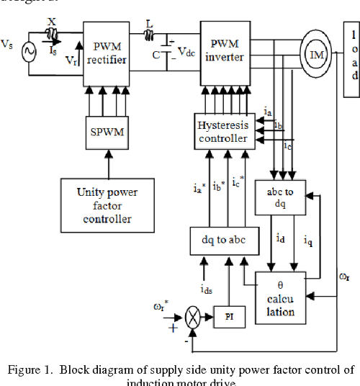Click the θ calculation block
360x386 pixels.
[281, 297]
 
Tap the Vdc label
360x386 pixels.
[186, 52]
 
